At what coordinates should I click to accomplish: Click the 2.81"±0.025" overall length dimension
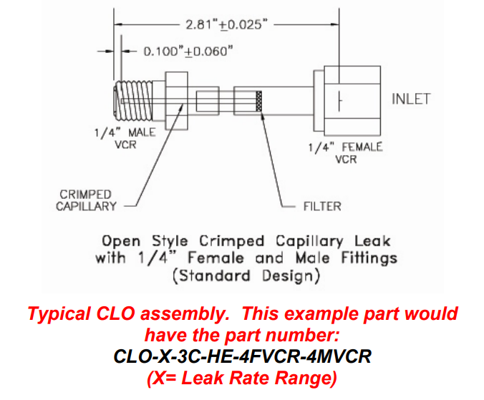tap(226, 24)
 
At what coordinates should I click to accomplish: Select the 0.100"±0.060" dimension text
tap(188, 52)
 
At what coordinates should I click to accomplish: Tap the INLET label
tap(411, 99)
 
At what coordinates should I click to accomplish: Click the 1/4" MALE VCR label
tap(125, 138)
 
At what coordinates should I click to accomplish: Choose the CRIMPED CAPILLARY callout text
tap(86, 200)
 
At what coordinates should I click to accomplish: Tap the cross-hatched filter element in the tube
tap(260, 103)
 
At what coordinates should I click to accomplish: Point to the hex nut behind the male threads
tap(176, 100)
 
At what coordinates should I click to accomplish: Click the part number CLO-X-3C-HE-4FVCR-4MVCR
tap(243, 356)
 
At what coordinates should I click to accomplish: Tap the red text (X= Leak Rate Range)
tap(242, 378)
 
